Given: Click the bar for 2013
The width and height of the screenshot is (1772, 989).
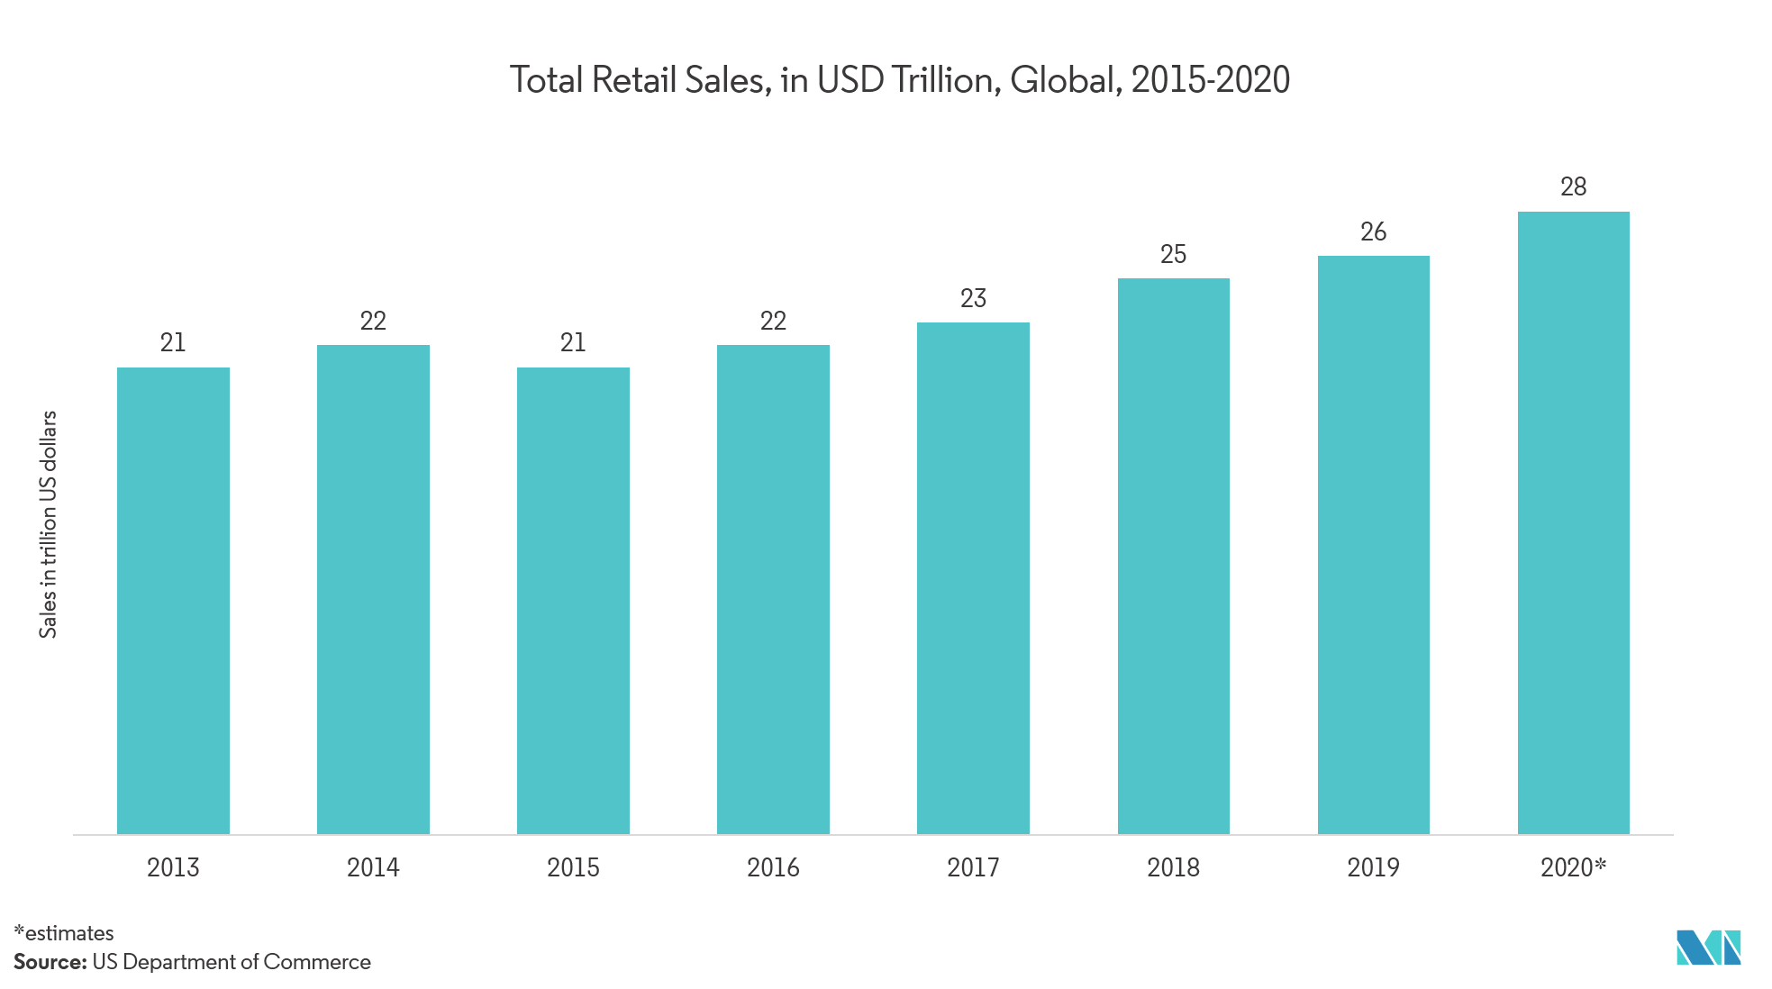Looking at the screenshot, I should coord(173,600).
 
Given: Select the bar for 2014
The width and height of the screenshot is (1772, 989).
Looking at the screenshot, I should coord(373,589).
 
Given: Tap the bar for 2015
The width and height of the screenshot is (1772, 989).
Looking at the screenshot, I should coord(573,600).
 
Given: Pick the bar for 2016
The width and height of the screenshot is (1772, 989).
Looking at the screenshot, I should coord(773,589).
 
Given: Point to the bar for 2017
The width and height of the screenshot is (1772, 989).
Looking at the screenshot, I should coord(973,577).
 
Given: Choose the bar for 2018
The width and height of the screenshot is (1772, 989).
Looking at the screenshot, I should coord(1173,556).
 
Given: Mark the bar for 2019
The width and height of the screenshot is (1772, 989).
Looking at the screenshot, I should coord(1373,544).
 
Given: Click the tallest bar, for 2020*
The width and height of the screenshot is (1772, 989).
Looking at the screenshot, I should coord(1573,522).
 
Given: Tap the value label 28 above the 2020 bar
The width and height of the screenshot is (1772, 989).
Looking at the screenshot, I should coord(1573,187).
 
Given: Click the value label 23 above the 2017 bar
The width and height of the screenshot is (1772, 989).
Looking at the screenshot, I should coord(973,298).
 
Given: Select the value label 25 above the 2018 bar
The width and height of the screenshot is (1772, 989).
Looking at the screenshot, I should coord(1173,254).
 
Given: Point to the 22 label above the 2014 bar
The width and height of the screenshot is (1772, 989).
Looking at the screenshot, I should coord(373,321).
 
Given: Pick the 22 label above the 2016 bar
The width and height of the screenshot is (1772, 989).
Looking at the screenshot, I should coord(773,321).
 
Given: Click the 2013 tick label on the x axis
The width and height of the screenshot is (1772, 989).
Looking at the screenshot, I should coord(173,867).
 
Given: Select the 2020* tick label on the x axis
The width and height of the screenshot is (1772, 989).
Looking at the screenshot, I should coord(1573,867).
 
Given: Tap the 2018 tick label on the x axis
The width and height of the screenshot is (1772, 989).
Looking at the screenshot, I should coord(1173,867).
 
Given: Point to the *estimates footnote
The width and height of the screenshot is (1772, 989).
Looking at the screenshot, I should coord(64,933).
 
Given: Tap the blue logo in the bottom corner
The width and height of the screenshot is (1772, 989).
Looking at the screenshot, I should coord(1708,948).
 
